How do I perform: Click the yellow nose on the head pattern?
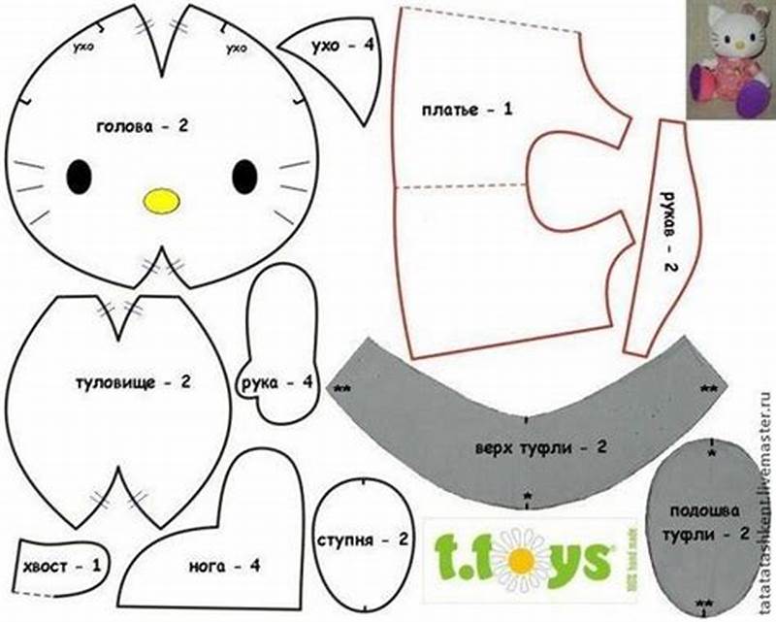point(162,200)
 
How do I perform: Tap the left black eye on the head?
point(80,176)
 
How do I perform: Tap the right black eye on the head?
point(244,176)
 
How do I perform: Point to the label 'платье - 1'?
point(466,109)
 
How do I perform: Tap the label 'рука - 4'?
point(275,382)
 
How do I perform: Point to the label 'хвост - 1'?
point(60,563)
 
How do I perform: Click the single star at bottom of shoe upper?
point(527,497)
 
